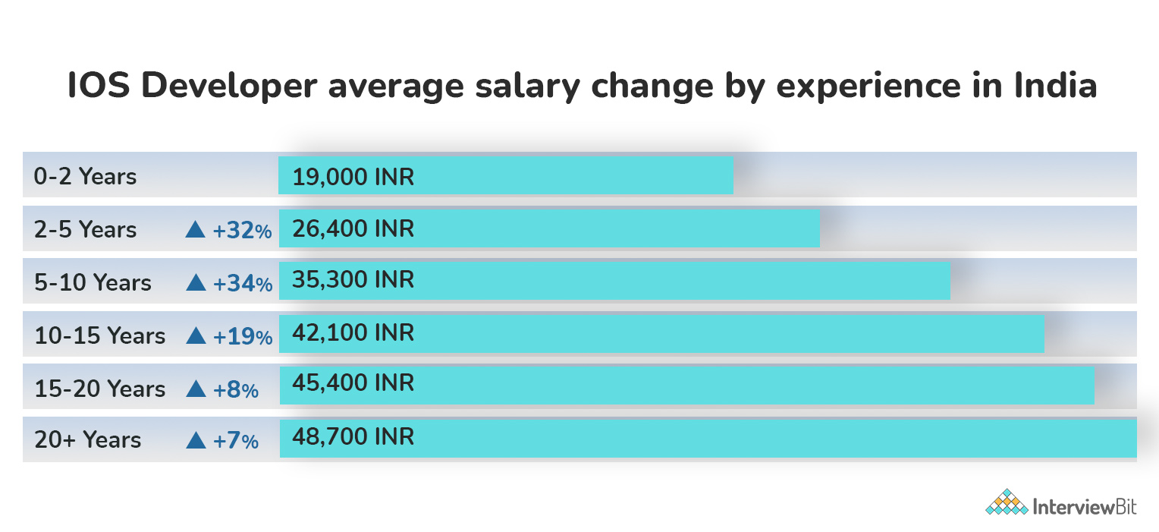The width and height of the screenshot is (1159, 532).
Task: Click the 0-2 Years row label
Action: [x=85, y=177]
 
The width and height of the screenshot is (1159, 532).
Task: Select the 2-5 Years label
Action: [x=85, y=230]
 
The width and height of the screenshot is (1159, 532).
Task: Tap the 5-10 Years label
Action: [x=93, y=283]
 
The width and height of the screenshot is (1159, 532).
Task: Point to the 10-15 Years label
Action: [x=99, y=335]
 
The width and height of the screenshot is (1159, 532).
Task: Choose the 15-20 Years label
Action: [x=99, y=389]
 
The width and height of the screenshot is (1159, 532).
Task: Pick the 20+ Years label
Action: [x=87, y=440]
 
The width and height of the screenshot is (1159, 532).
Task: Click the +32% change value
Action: [x=242, y=231]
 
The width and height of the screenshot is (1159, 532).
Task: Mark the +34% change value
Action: [x=242, y=284]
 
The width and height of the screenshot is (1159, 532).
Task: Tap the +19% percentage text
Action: [x=242, y=336]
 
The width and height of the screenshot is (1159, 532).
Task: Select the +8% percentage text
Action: [x=236, y=390]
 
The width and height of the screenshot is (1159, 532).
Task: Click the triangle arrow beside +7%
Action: [x=196, y=440]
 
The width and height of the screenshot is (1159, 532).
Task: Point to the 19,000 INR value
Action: [x=353, y=178]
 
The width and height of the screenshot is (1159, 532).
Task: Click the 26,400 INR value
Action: [x=353, y=228]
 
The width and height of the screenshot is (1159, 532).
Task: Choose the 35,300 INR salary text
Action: [x=353, y=279]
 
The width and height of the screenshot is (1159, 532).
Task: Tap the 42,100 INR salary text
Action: [x=353, y=332]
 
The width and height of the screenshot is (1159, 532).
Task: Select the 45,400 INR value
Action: [x=353, y=382]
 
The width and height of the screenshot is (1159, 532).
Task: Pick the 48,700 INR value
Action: [x=353, y=436]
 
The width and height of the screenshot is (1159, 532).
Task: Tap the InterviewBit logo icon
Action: [x=1007, y=503]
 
